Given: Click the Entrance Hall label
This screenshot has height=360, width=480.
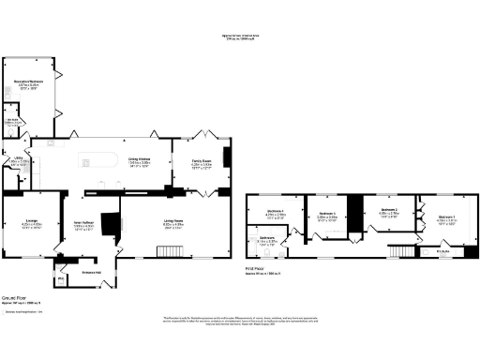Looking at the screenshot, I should (x=91, y=273).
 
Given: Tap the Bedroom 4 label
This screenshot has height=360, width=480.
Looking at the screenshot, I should (x=326, y=214).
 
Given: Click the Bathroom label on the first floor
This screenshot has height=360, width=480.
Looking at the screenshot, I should (x=267, y=239).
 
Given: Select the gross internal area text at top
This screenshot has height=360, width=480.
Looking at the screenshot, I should (x=239, y=39).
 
